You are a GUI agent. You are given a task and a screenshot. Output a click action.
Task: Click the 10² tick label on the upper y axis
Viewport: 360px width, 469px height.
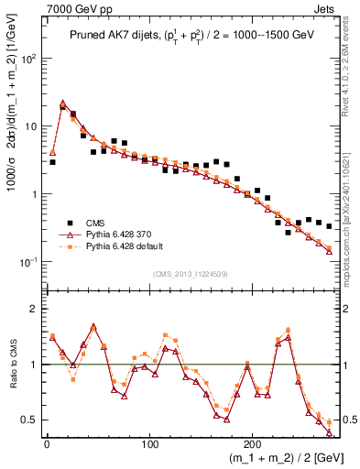point(29,58)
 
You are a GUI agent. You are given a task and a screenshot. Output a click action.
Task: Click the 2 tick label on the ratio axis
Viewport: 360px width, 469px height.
point(34,309)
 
